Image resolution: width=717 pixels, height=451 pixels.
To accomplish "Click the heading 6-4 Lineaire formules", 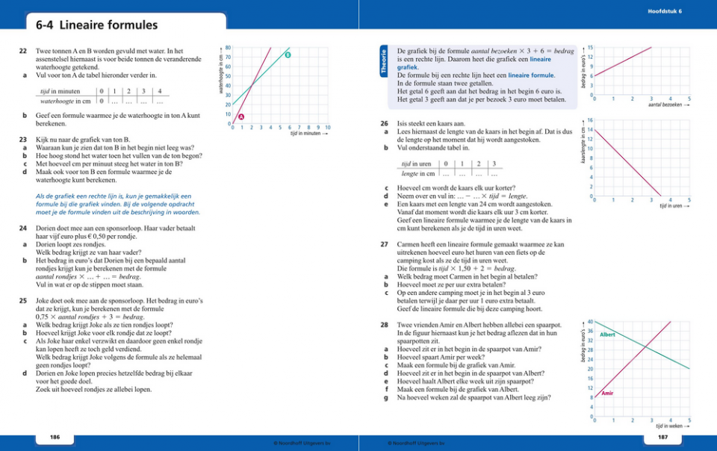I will (x=96, y=26).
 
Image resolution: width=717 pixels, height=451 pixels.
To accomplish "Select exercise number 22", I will (x=23, y=51).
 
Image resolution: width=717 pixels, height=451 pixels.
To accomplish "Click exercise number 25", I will (x=23, y=300).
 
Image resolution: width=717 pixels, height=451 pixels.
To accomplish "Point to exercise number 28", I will (x=384, y=326).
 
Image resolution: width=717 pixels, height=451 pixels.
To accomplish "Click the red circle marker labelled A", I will (x=241, y=117).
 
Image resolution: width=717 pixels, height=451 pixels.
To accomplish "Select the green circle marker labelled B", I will (x=288, y=55).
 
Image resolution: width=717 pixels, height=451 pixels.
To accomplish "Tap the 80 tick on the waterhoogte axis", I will (x=227, y=46).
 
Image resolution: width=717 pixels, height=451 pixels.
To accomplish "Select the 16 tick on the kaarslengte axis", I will (x=590, y=119).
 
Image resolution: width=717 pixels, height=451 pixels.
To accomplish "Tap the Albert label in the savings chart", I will (x=607, y=335).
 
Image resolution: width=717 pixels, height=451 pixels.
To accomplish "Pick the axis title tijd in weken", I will (x=669, y=426).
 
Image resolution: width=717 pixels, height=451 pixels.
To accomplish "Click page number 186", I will (x=55, y=435).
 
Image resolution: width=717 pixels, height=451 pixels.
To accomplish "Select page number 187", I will (x=662, y=435).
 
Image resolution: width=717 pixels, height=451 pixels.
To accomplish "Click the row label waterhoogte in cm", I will (x=65, y=101).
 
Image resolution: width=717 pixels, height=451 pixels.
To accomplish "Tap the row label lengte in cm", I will (x=417, y=173).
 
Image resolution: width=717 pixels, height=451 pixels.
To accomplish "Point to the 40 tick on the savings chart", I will (x=589, y=321).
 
